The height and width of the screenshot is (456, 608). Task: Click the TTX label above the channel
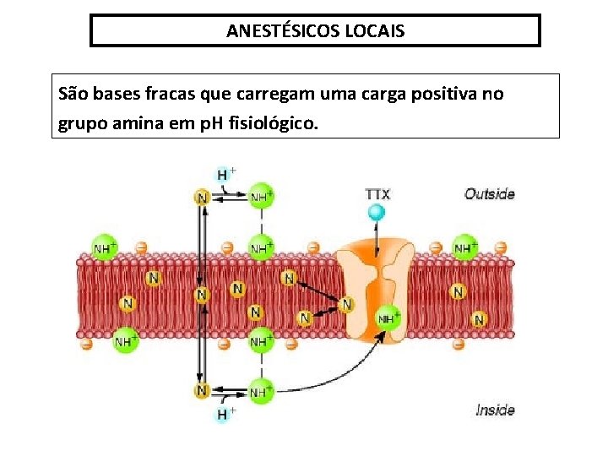pos(377,193)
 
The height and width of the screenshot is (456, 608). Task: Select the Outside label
pos(489,194)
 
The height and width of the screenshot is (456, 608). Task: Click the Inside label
pos(495,410)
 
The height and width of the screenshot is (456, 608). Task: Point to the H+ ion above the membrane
pos(225,175)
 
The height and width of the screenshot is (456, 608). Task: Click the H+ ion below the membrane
pos(225,414)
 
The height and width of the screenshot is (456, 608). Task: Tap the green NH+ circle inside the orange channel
pos(388,318)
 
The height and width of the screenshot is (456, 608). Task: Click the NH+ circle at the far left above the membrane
pos(104,247)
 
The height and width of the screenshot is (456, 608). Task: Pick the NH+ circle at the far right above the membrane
pos(464,247)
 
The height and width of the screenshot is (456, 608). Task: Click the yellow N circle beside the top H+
pos(202,197)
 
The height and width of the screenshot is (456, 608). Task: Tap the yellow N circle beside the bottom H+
pos(202,390)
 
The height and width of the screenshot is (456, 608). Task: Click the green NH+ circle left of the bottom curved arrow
pos(261,392)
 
